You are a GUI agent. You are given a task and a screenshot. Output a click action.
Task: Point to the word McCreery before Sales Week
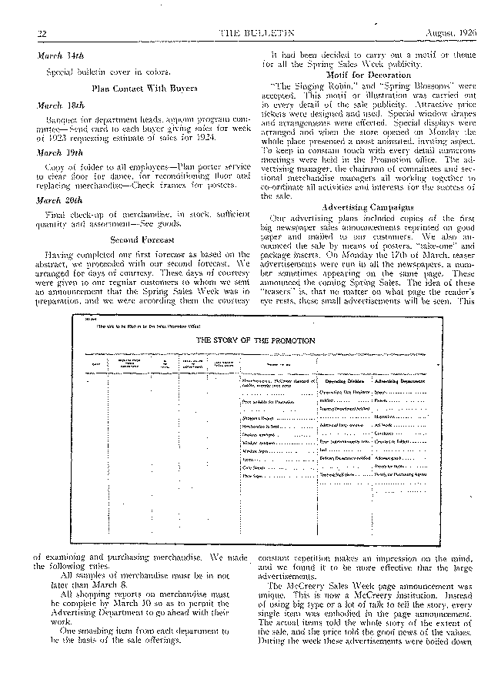(x=310, y=625)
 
